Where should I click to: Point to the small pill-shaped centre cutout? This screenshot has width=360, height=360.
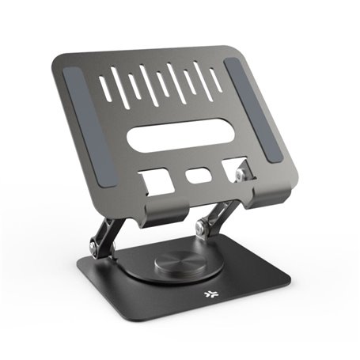click(195, 175)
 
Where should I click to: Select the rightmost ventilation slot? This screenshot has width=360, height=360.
click(216, 78)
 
